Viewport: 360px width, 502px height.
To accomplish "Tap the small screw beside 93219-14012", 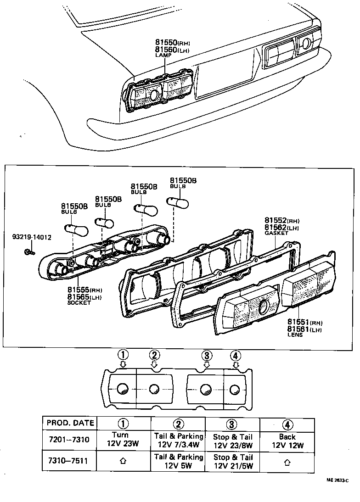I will point(29,252).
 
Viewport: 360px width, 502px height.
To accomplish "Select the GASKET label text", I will point(276,233).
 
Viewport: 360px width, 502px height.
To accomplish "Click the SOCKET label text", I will point(79,303).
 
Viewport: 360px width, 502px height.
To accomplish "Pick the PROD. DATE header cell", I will point(69,423).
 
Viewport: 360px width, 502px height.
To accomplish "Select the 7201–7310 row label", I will point(69,440).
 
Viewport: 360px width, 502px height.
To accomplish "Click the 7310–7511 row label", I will point(69,461).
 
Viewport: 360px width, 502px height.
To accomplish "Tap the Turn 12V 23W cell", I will point(124,440).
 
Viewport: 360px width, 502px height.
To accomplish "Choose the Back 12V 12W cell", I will point(287,441).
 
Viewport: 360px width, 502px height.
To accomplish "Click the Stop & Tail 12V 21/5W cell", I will point(233,461).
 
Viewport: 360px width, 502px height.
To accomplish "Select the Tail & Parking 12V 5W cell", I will point(178,461).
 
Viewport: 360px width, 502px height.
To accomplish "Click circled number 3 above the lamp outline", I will point(207,355).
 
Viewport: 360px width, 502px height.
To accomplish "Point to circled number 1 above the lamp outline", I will point(123,355).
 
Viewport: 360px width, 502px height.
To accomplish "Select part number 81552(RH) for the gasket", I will point(281,220).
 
